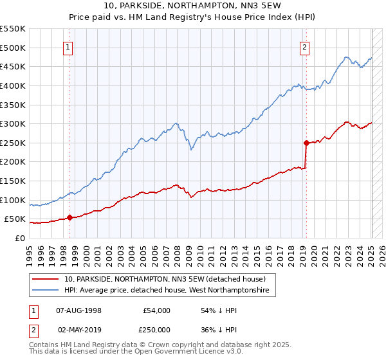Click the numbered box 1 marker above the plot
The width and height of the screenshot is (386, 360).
[68, 46]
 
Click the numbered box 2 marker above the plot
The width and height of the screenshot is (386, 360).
[304, 46]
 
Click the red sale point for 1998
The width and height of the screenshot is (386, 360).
[69, 217]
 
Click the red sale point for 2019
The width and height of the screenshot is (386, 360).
[306, 143]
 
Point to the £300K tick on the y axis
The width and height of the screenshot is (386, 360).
[13, 123]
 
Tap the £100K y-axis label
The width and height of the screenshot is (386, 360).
[13, 200]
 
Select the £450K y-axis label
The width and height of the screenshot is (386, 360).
[13, 66]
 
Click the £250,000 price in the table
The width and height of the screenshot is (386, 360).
[156, 328]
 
